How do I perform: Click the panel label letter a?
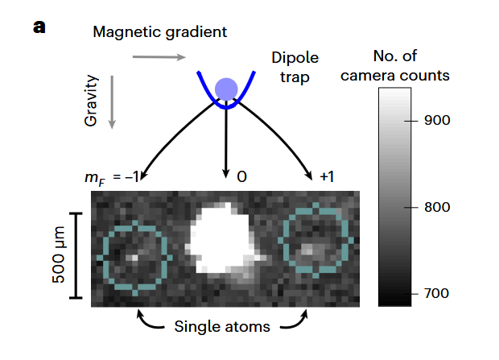click(39, 27)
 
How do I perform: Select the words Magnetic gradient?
click(159, 32)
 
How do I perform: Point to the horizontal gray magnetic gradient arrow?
click(159, 57)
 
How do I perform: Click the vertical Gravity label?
click(91, 101)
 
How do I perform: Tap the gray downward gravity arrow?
click(112, 102)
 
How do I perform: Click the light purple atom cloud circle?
click(226, 89)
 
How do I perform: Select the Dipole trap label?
click(295, 67)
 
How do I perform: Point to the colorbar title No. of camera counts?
click(395, 65)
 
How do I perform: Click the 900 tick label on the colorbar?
click(437, 121)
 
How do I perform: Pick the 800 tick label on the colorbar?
click(437, 207)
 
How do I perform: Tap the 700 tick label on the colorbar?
click(436, 293)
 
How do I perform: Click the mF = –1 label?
click(112, 177)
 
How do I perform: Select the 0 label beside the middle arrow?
click(242, 177)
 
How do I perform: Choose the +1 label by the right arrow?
click(327, 177)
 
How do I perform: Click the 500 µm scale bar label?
click(59, 254)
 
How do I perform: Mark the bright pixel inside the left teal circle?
click(134, 258)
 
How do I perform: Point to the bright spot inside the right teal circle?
click(307, 250)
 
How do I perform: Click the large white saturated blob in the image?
click(222, 238)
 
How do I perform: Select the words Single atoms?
click(222, 327)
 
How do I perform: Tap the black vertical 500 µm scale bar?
click(76, 256)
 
